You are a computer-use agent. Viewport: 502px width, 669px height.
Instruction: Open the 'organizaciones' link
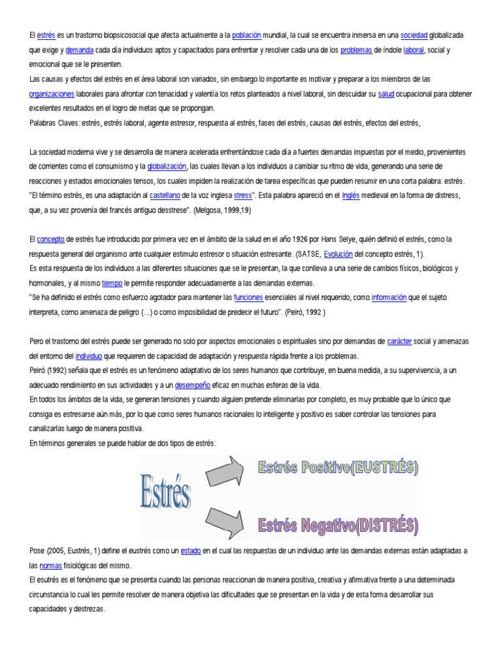[52, 94]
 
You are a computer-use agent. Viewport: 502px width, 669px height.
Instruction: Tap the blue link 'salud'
[386, 94]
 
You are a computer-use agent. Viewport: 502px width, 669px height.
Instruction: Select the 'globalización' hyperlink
[167, 166]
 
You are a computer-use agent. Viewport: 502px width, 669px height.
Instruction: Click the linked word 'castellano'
[168, 195]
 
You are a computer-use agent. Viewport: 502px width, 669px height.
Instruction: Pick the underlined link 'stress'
[243, 195]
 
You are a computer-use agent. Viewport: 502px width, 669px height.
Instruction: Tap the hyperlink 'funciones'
[248, 297]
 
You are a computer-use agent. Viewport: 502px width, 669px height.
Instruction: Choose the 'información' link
[389, 297]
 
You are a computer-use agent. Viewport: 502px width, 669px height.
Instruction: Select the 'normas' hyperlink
[51, 565]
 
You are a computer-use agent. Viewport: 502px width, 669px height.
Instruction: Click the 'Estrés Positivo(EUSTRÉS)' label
[337, 468]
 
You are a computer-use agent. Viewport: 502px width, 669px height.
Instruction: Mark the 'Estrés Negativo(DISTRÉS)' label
[337, 525]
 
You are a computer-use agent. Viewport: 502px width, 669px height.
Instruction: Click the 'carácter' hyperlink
[399, 341]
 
